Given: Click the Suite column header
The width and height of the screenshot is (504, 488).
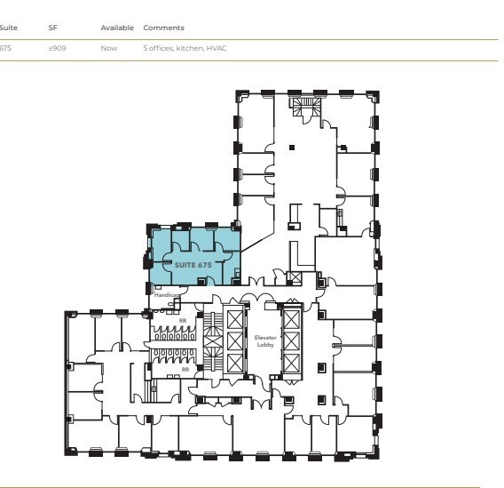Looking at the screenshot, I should tap(8, 28).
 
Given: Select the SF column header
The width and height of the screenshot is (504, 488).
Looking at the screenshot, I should tap(52, 28).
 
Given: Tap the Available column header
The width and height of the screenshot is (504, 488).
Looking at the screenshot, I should tap(116, 28).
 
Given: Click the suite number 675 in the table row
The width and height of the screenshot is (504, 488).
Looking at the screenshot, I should tap(6, 48).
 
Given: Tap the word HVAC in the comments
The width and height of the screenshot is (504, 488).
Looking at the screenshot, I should tap(216, 48).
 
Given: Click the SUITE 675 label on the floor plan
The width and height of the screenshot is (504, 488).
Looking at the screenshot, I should tap(193, 265).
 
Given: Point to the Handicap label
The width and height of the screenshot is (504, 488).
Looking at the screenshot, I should tap(168, 294).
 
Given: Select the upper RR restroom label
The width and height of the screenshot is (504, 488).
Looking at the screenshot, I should tap(184, 320).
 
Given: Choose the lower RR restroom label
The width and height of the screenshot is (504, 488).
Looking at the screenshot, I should tap(185, 368).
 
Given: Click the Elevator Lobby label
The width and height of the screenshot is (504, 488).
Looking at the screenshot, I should tap(265, 340).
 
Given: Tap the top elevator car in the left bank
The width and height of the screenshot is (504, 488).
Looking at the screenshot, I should tap(234, 318).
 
